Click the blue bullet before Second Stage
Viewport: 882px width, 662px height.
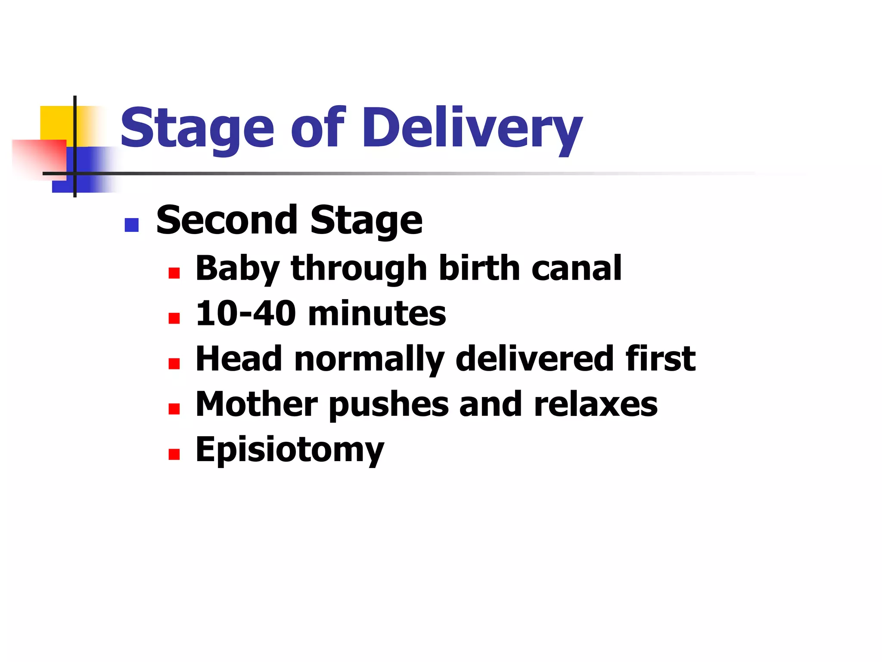tap(131, 225)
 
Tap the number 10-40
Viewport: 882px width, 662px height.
tap(245, 313)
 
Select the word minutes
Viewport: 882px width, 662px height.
tap(377, 313)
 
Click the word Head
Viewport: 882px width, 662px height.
tap(239, 359)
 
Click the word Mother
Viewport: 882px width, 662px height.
tap(257, 404)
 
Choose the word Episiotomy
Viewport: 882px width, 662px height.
tap(289, 450)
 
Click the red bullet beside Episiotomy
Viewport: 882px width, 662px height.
tap(174, 454)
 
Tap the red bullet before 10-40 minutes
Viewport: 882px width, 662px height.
tap(174, 319)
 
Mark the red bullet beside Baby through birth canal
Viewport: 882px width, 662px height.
tap(174, 273)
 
